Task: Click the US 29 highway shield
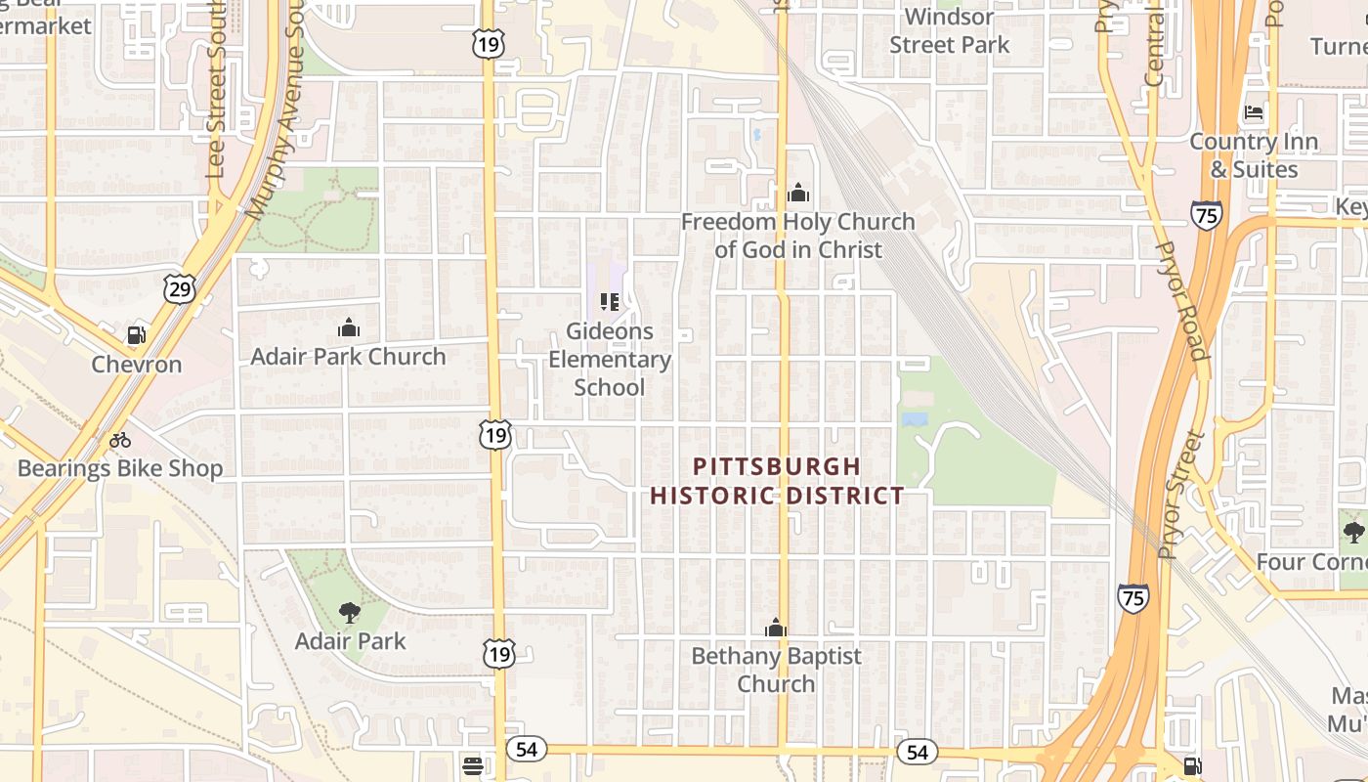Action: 181,287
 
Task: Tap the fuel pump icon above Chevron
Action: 137,335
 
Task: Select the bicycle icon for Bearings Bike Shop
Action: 120,440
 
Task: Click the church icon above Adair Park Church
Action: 348,327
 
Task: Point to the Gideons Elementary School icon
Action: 610,302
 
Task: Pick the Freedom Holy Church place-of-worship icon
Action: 797,193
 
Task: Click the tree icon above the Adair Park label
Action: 349,613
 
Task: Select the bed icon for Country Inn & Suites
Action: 1254,112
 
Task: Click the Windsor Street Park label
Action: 949,30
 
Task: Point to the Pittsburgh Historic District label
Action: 777,480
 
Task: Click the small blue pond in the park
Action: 915,419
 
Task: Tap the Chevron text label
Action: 137,365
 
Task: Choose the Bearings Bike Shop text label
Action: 120,468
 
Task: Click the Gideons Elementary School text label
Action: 610,359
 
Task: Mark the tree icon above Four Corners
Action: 1353,533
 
